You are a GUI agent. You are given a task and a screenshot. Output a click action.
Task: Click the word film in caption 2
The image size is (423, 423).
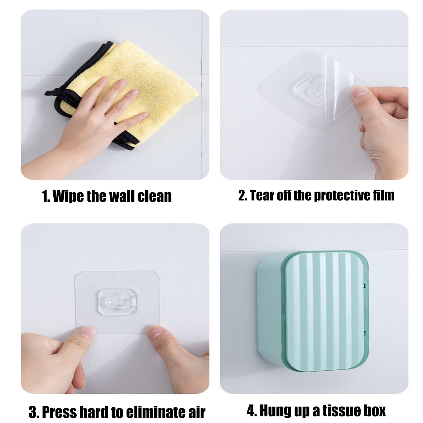pyautogui.click(x=384, y=195)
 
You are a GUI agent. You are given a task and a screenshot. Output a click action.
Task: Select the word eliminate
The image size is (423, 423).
pyautogui.click(x=155, y=412)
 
